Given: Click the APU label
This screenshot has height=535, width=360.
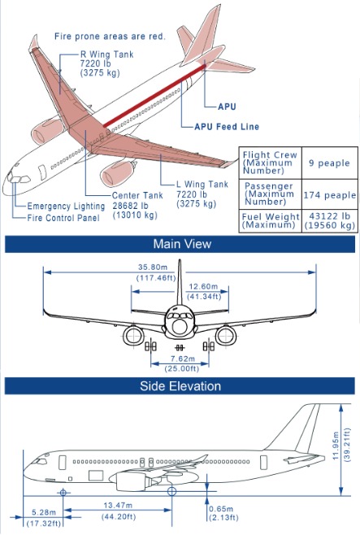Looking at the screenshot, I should pos(228,107).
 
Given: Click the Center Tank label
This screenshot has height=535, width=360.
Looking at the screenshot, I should pos(140,196).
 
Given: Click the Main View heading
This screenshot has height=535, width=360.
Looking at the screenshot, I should pos(182,244).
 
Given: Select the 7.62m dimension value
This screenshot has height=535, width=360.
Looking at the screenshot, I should pos(181,358).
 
